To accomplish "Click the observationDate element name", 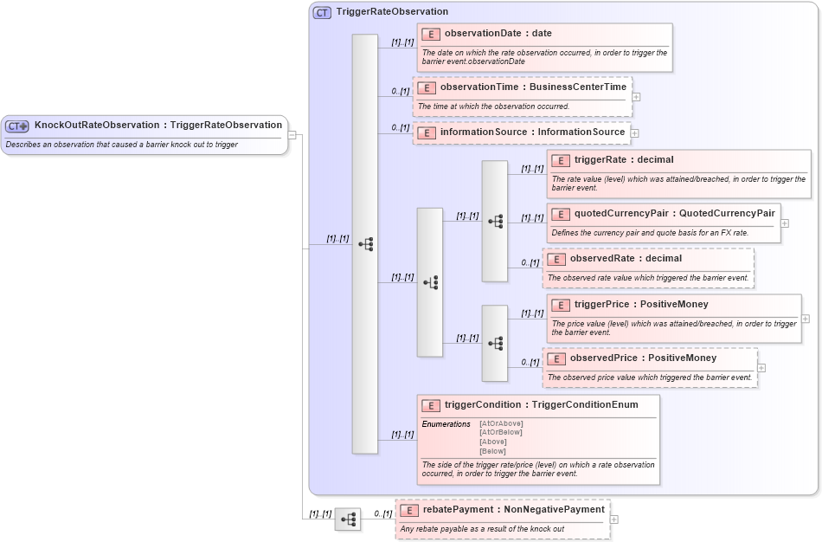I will tap(498, 34).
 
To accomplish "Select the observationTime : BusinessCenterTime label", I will tap(533, 87).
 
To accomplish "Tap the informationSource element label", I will tap(532, 132).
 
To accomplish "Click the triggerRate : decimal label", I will tap(624, 160).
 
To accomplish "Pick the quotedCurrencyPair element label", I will tap(674, 213).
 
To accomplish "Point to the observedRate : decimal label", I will tap(626, 259).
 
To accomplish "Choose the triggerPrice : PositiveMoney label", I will tap(641, 305).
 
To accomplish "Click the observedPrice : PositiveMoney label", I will tap(643, 358).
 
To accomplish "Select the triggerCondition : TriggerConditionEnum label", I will tap(541, 405).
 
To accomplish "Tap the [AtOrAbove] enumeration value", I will tap(501, 423).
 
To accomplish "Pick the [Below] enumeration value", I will tap(492, 451).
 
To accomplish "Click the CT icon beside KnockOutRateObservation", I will tap(17, 126).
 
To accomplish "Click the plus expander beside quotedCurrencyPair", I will tap(785, 223).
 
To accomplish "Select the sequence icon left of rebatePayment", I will tap(348, 519).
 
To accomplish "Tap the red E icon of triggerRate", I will tap(561, 160).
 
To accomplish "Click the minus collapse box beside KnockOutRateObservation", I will tap(292, 135).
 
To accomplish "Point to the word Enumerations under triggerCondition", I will tap(446, 424).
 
